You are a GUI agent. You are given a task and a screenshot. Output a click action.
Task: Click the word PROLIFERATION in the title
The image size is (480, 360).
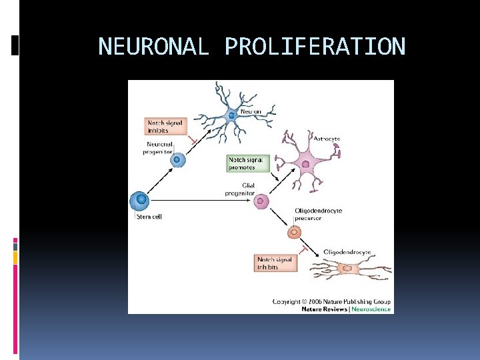[315, 47]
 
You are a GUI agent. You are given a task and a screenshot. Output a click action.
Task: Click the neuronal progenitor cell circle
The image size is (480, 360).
[179, 159]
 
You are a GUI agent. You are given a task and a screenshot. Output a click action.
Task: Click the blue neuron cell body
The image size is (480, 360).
[232, 115]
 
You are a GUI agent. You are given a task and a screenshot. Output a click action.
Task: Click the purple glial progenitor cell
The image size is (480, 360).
[262, 201]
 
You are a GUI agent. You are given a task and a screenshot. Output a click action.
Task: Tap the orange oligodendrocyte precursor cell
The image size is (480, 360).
[293, 232]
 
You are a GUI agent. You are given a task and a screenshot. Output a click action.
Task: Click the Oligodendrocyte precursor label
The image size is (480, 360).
[318, 214]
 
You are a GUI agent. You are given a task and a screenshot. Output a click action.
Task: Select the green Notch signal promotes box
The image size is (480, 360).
[249, 163]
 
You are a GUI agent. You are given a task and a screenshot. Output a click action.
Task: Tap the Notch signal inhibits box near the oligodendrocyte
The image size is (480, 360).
[276, 263]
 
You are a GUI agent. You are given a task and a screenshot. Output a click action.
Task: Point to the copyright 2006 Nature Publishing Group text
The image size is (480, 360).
[331, 301]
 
